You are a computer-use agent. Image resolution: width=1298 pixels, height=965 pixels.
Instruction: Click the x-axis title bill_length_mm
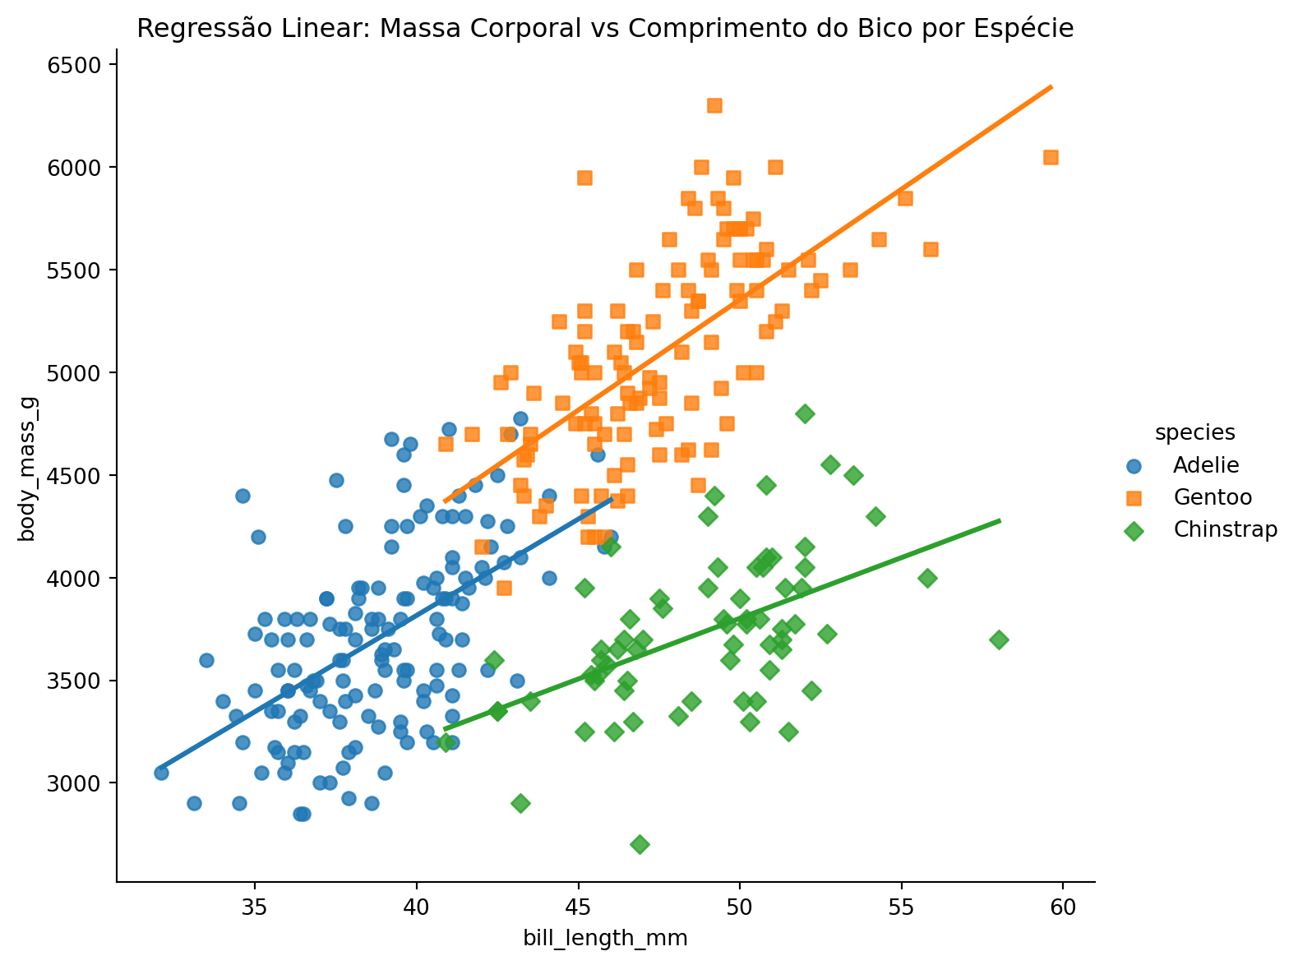click(605, 938)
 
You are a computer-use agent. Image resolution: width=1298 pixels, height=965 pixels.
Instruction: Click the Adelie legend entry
click(1205, 465)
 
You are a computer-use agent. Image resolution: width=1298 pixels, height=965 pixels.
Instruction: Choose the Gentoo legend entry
click(1213, 497)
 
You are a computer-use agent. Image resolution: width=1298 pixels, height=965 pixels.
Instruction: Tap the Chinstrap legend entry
click(1225, 530)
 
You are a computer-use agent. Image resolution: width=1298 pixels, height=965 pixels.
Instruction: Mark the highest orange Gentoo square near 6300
click(714, 105)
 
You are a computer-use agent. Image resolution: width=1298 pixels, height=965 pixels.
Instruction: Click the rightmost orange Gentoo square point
click(1051, 157)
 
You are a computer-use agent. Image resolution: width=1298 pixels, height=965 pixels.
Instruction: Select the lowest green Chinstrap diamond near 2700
click(640, 844)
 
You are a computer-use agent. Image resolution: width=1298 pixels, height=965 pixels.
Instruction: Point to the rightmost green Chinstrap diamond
click(999, 639)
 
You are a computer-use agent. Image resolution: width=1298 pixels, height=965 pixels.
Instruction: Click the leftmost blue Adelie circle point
click(161, 773)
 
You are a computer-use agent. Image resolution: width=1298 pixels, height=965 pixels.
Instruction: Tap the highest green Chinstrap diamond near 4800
click(805, 413)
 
